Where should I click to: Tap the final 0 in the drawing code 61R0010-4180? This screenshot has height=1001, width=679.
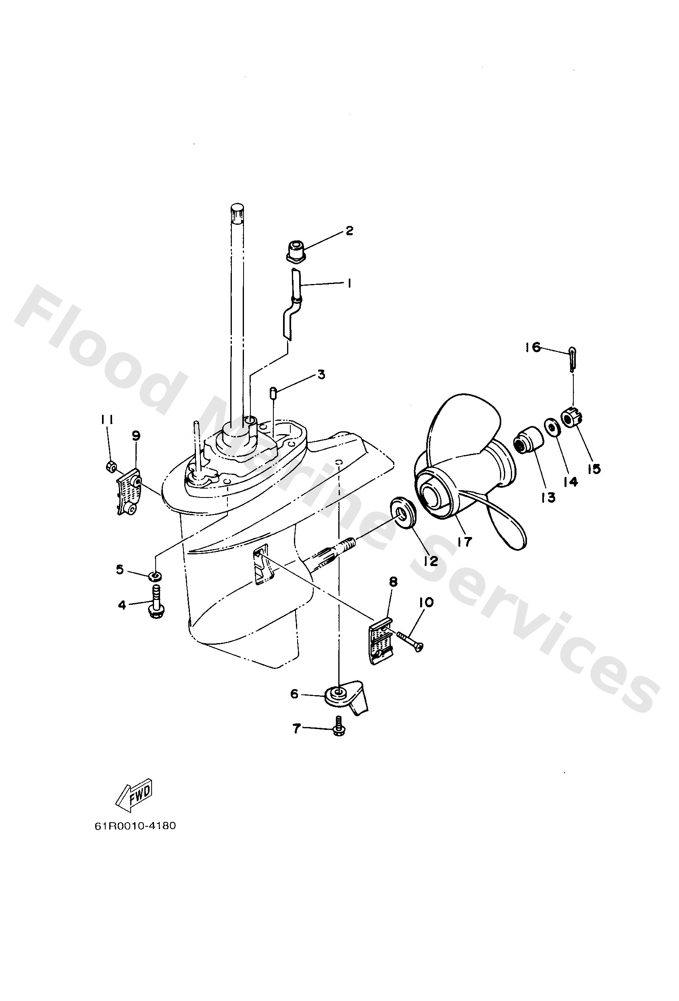tap(172, 826)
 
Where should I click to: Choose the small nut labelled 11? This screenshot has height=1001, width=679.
tap(110, 465)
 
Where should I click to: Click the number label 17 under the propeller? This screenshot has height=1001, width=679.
tap(465, 542)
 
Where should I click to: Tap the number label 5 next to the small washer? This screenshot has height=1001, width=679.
tap(120, 570)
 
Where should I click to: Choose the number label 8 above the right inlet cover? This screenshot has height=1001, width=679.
tap(393, 582)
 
